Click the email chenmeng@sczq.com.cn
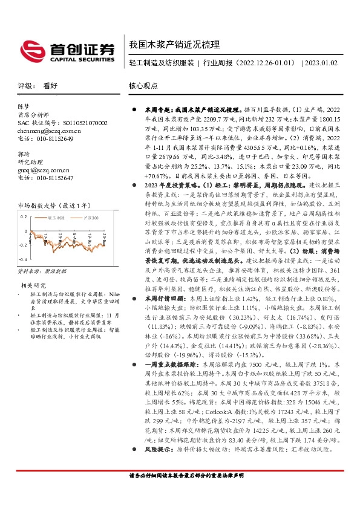pos(49,130)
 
